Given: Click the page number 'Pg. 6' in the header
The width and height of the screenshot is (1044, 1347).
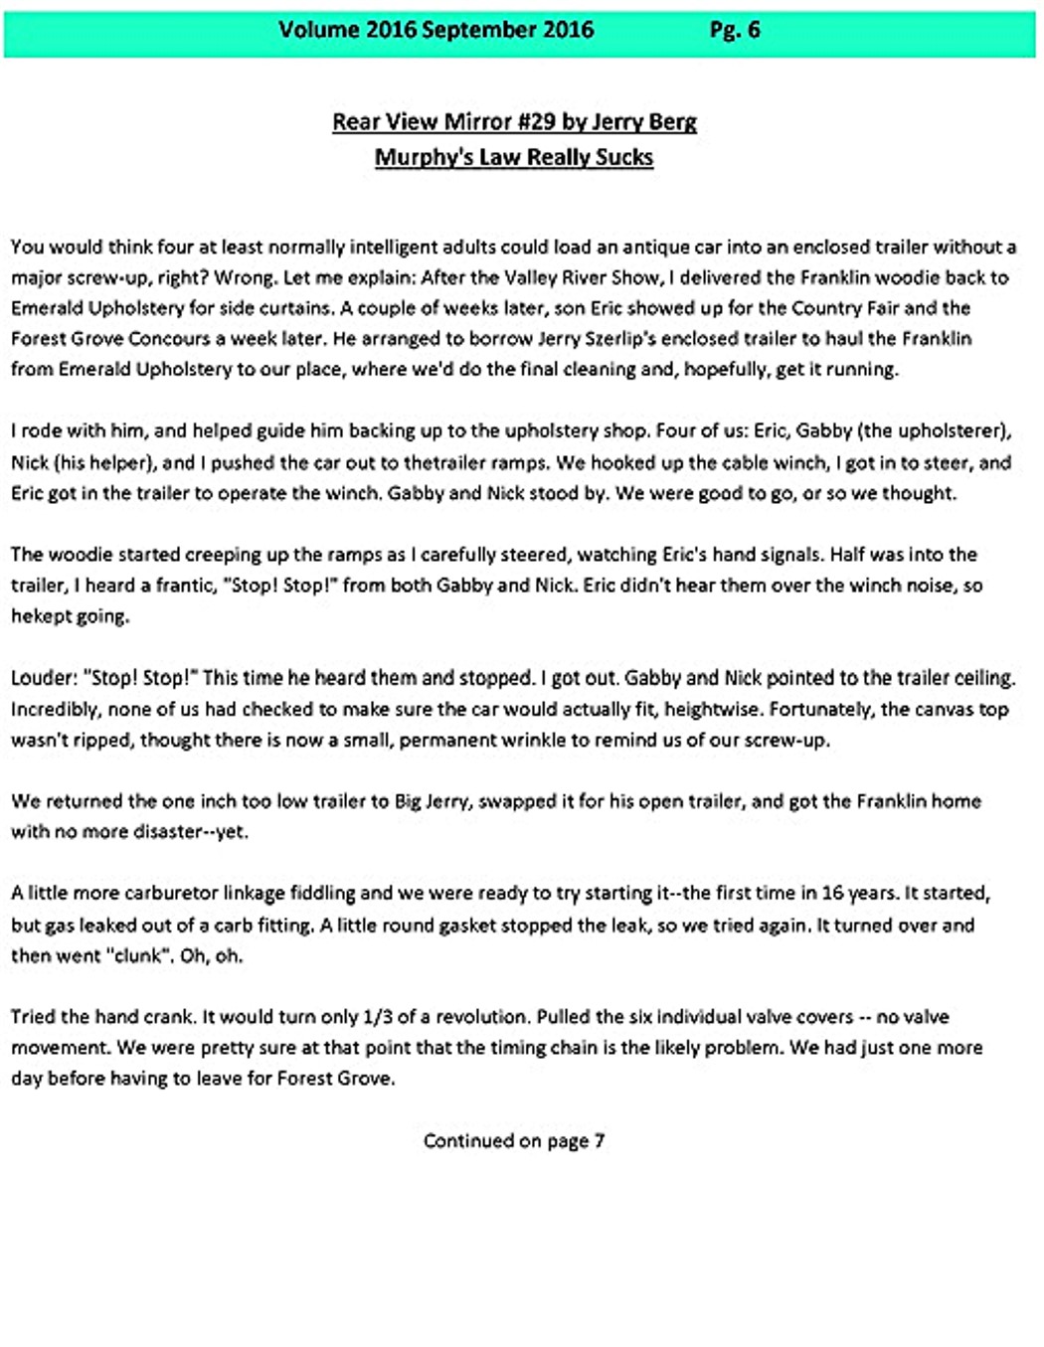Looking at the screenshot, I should coord(734,30).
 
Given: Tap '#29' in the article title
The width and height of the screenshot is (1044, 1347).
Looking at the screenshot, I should coord(530,122).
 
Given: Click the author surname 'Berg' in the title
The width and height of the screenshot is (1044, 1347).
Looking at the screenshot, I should coord(672,122).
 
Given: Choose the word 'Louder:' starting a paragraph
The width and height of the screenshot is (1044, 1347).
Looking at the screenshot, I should coord(44,678).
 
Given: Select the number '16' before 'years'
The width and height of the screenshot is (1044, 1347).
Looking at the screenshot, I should coord(832,894).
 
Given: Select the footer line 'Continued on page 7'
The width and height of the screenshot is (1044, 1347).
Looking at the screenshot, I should coord(514,1141).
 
